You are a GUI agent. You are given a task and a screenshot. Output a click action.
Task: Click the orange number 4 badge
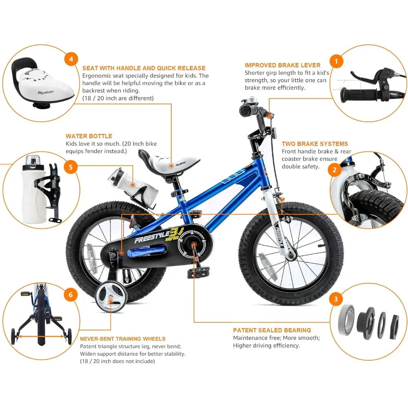click(x=71, y=59)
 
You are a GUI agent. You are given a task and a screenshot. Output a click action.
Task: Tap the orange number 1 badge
click(x=336, y=62)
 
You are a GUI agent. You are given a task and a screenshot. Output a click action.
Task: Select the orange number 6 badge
click(x=71, y=295)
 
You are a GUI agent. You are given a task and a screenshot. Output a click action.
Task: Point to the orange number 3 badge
click(x=336, y=299)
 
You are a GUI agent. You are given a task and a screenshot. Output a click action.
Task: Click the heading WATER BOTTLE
click(x=89, y=136)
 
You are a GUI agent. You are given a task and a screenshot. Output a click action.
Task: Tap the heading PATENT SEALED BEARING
click(x=272, y=330)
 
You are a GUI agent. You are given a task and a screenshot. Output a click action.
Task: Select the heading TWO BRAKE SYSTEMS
click(x=315, y=144)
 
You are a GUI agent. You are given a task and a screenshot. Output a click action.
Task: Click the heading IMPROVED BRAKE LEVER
click(x=282, y=65)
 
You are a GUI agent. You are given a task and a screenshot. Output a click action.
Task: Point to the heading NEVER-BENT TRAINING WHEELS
click(x=122, y=339)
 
